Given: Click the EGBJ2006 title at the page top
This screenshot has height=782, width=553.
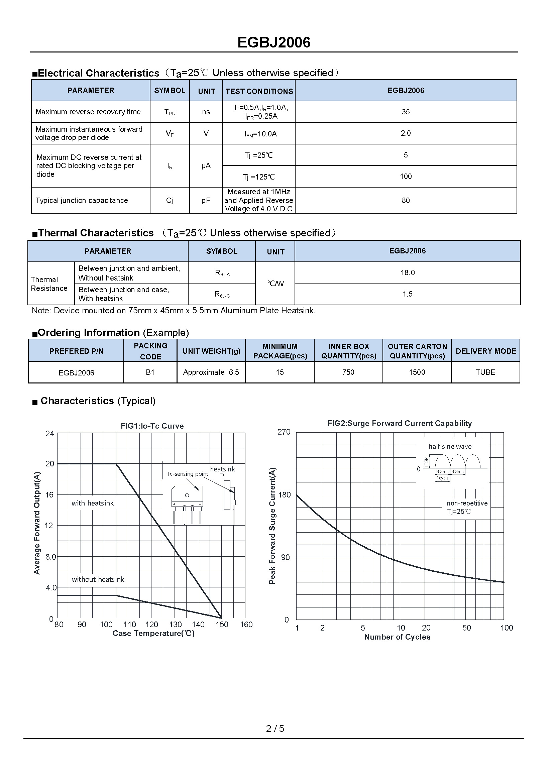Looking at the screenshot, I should pyautogui.click(x=274, y=42).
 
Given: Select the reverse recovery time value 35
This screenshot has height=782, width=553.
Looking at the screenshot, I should pyautogui.click(x=406, y=112).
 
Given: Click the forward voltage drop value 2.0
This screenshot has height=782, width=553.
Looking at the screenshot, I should pyautogui.click(x=406, y=133).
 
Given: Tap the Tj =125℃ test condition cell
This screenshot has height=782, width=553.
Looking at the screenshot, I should pyautogui.click(x=259, y=177).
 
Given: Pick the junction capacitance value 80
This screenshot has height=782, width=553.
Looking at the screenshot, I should pyautogui.click(x=406, y=200).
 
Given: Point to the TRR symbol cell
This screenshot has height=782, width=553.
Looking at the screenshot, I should pyautogui.click(x=170, y=112).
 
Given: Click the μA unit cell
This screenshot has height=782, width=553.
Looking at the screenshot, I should pyautogui.click(x=206, y=166).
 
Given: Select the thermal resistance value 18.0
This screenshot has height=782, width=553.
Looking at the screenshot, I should pyautogui.click(x=407, y=272).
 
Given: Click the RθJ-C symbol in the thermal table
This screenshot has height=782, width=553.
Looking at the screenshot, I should pyautogui.click(x=222, y=294).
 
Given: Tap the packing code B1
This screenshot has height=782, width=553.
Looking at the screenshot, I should pyautogui.click(x=150, y=372).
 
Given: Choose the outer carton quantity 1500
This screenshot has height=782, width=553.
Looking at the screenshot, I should pyautogui.click(x=417, y=372).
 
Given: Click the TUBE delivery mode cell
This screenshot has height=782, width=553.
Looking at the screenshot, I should pyautogui.click(x=485, y=372).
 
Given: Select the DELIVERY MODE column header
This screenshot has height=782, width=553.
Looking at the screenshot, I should pyautogui.click(x=485, y=351).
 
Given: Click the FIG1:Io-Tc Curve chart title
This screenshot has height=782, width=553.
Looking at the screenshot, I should pyautogui.click(x=152, y=426).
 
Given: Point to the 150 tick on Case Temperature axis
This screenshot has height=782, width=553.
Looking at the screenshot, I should pyautogui.click(x=222, y=624).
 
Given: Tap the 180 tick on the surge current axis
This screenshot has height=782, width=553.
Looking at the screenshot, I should pyautogui.click(x=284, y=494).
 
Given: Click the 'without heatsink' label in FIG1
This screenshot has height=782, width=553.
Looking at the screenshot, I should pyautogui.click(x=98, y=579).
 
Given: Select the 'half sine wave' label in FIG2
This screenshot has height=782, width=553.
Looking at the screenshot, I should pyautogui.click(x=450, y=447).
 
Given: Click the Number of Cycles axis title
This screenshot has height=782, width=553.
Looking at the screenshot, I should pyautogui.click(x=397, y=637).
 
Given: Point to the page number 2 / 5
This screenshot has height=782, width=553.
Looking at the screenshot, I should pyautogui.click(x=275, y=729).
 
